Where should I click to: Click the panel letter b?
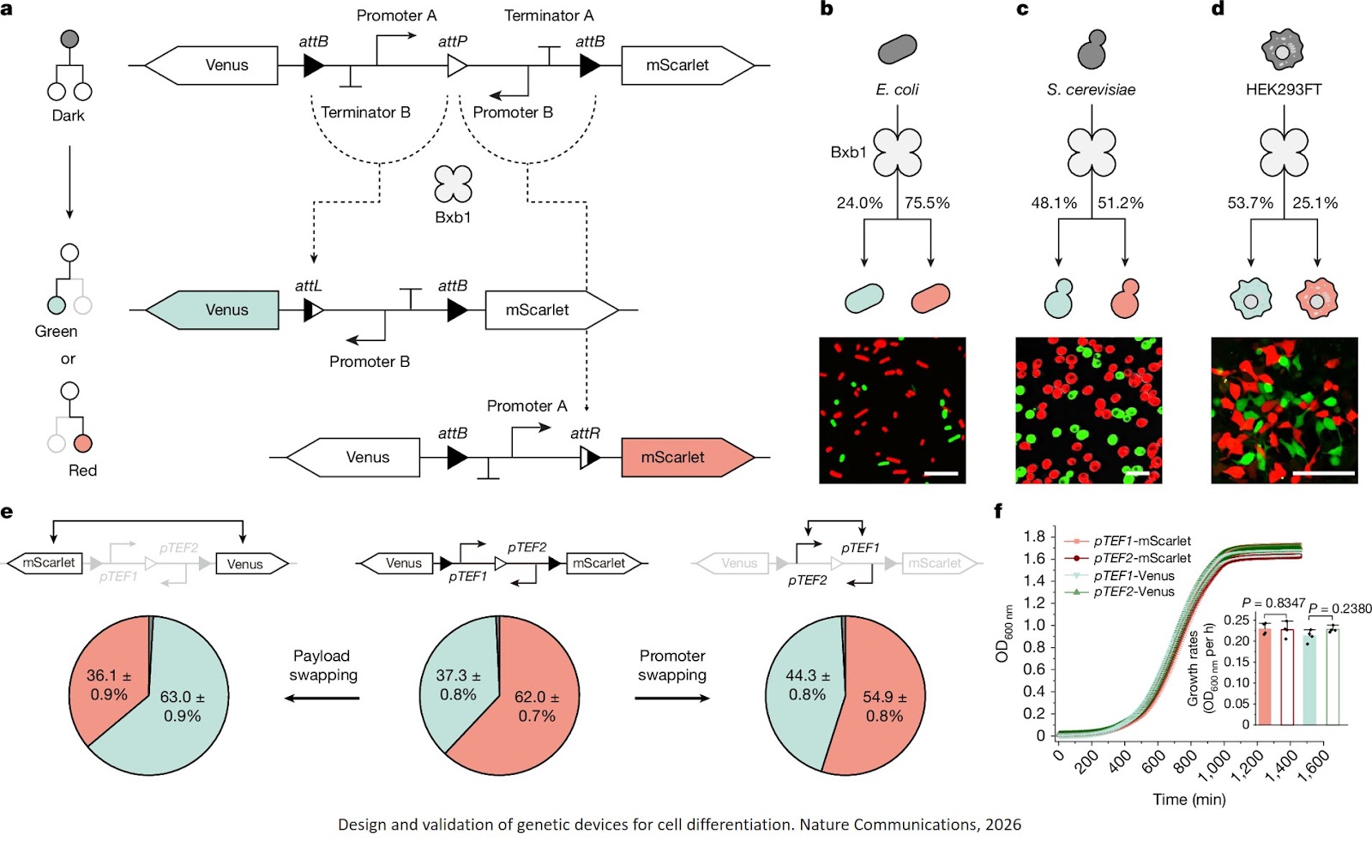827,10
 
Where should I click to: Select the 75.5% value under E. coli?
927,203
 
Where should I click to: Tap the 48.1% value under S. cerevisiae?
1054,203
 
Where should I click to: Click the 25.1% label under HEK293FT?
1315,203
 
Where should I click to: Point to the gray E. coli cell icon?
897,50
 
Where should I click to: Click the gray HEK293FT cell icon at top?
1282,50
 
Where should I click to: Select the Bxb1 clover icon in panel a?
453,184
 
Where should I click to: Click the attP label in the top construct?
453,41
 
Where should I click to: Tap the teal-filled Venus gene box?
214,310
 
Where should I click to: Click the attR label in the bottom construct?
586,433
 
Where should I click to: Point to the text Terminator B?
365,112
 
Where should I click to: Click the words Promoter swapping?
672,665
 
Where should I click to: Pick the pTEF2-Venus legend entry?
1133,591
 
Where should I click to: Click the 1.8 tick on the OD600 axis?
1034,537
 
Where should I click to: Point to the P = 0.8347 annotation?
1273,603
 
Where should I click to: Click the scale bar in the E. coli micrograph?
941,472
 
